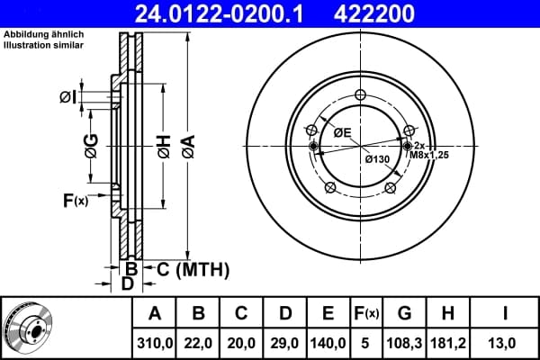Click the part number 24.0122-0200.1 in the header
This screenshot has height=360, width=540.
click(x=219, y=13)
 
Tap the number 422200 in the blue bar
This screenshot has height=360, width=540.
click(x=374, y=13)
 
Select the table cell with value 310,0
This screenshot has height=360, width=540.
click(x=155, y=343)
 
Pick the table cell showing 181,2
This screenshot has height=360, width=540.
click(x=447, y=343)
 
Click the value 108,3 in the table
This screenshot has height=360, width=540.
click(x=404, y=343)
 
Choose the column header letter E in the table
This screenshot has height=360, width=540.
click(x=328, y=313)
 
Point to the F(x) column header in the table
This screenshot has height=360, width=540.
click(x=366, y=313)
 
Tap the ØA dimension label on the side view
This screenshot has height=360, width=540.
click(x=189, y=147)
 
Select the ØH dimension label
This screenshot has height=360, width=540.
click(x=165, y=147)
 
